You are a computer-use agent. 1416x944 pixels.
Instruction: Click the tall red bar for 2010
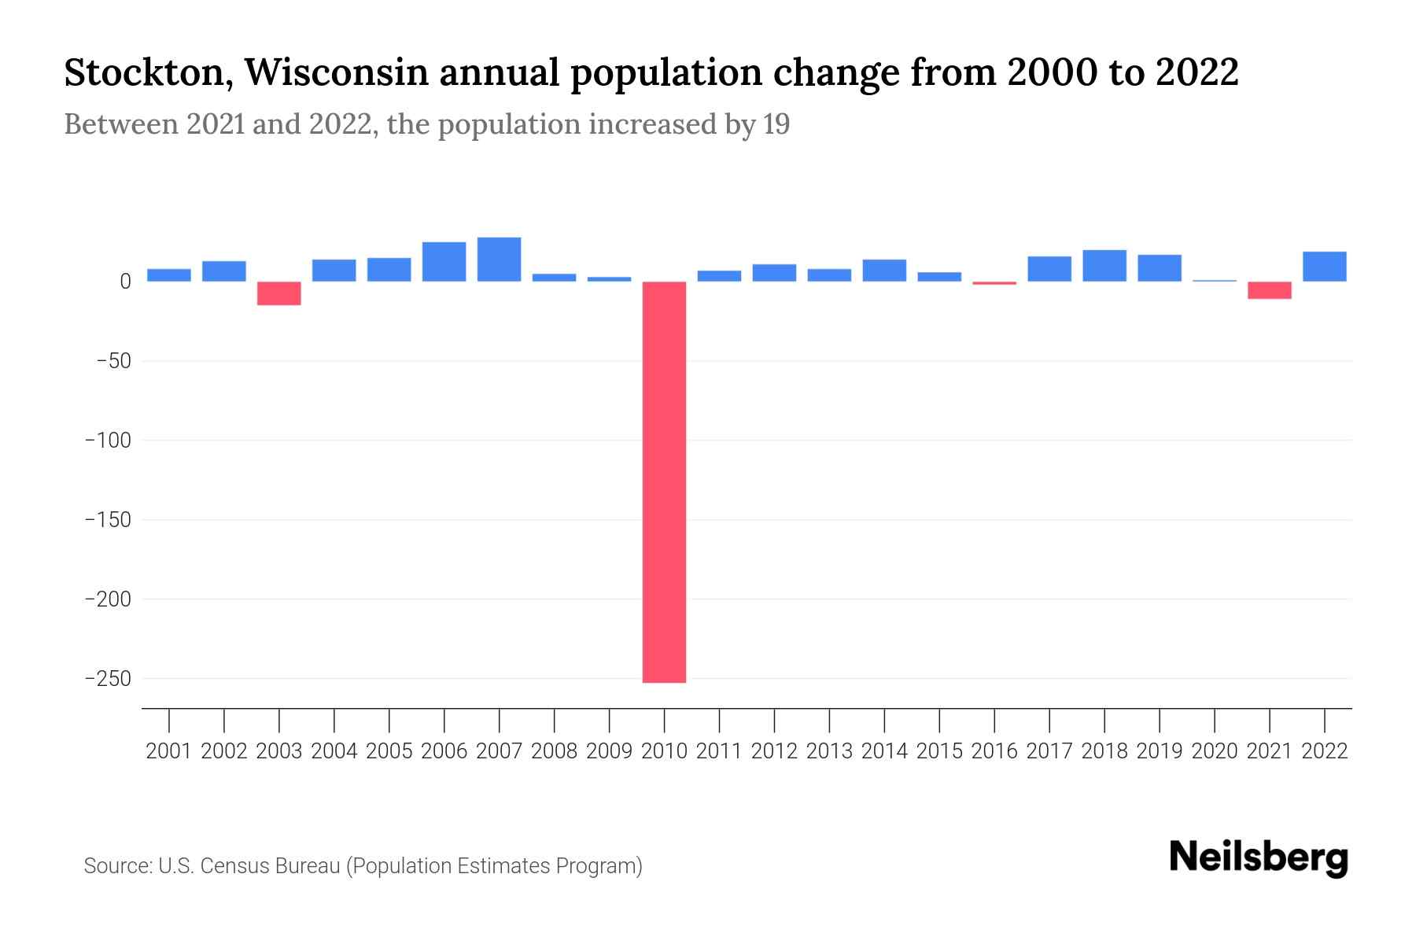pyautogui.click(x=664, y=481)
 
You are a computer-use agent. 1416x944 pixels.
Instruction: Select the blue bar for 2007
pyautogui.click(x=499, y=260)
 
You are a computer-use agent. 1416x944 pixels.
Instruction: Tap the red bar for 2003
pyautogui.click(x=279, y=293)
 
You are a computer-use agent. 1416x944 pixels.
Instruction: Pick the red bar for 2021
pyautogui.click(x=1269, y=290)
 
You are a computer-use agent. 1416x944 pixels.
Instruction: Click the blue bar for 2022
pyautogui.click(x=1324, y=267)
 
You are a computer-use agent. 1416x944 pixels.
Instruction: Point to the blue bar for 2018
pyautogui.click(x=1104, y=266)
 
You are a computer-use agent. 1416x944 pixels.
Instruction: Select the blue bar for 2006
pyautogui.click(x=444, y=262)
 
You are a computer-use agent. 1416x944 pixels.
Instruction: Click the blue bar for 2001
pyautogui.click(x=169, y=275)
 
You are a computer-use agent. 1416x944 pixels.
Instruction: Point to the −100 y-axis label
pyautogui.click(x=108, y=441)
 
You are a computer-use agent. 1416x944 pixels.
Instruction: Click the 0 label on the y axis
pyautogui.click(x=125, y=282)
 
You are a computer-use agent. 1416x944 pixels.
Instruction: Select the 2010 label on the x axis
pyautogui.click(x=664, y=751)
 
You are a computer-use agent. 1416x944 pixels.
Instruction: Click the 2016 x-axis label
pyautogui.click(x=994, y=751)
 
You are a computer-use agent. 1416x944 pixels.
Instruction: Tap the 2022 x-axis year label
pyautogui.click(x=1324, y=751)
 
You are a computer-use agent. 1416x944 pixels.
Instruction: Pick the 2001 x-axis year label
pyautogui.click(x=169, y=751)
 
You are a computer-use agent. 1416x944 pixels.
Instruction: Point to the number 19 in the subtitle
pyautogui.click(x=776, y=124)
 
